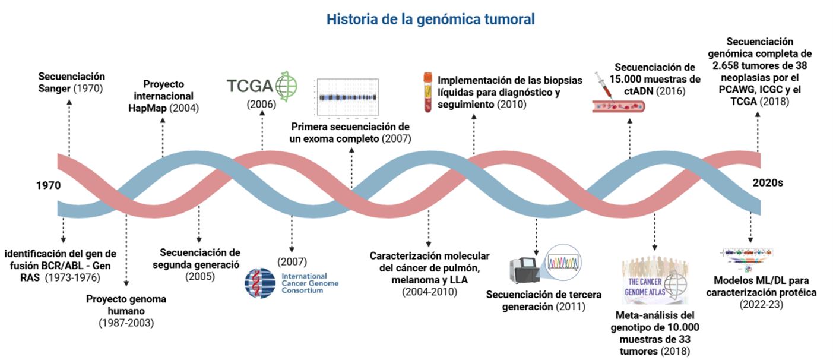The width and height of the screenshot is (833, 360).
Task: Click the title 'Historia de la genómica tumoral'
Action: point(430,19)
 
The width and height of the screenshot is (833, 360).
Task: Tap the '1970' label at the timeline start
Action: point(48,185)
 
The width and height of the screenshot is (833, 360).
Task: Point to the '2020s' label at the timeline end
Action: point(767,182)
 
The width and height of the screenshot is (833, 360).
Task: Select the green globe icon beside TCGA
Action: point(284,86)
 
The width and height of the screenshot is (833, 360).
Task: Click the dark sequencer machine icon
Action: point(525,271)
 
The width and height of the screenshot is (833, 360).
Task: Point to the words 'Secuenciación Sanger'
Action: point(71,77)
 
